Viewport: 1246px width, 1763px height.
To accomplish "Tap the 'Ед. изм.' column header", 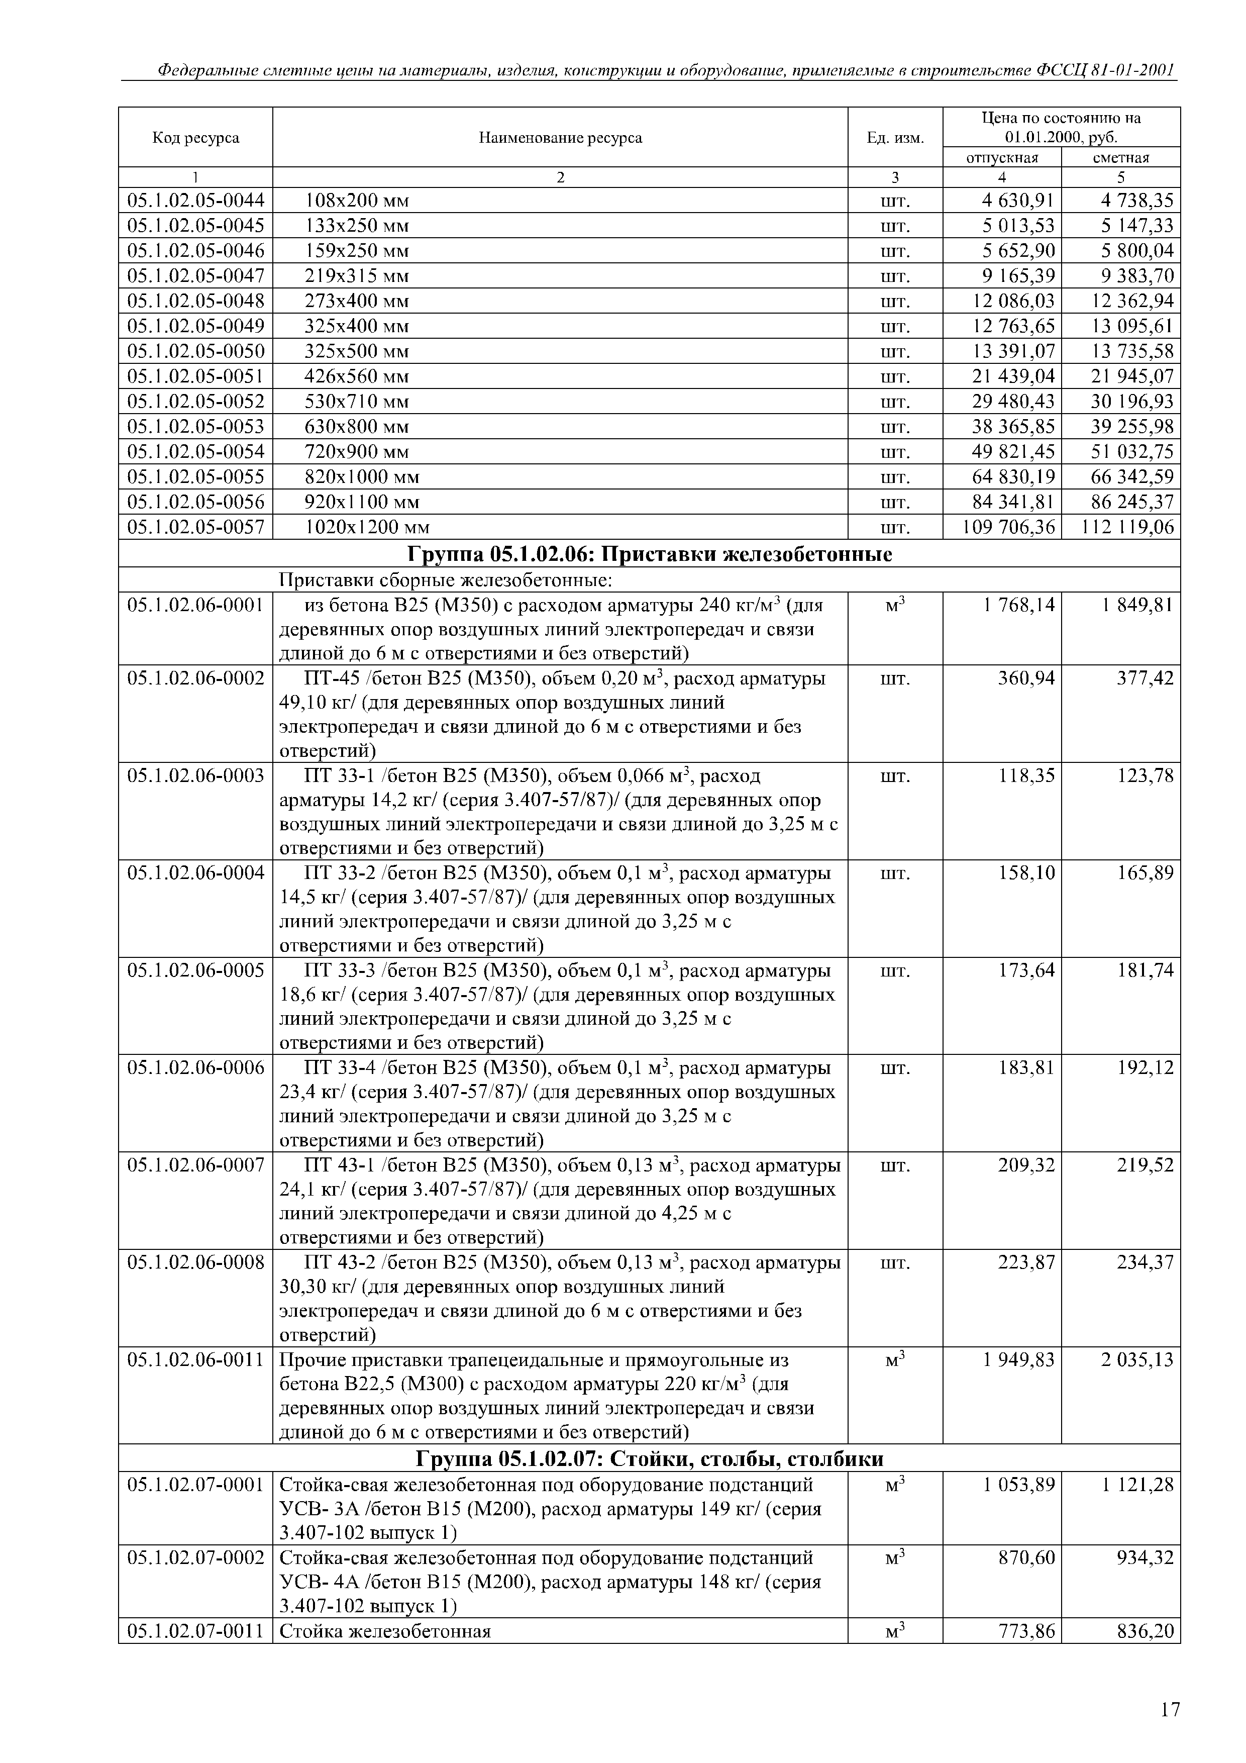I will [895, 138].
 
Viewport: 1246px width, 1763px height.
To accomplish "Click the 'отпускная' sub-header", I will [1002, 157].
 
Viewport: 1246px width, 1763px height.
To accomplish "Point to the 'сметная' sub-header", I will [1121, 157].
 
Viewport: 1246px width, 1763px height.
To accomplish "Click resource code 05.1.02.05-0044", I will [196, 201].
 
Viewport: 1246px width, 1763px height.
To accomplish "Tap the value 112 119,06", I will [1127, 528].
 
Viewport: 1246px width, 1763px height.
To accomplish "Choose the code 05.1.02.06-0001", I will [196, 606].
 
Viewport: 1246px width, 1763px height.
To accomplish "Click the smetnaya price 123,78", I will [1146, 776].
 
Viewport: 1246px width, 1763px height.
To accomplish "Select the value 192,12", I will [1146, 1068].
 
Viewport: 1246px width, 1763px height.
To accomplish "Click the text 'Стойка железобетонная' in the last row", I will [385, 1631].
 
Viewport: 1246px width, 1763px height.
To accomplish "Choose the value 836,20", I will [1146, 1631].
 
